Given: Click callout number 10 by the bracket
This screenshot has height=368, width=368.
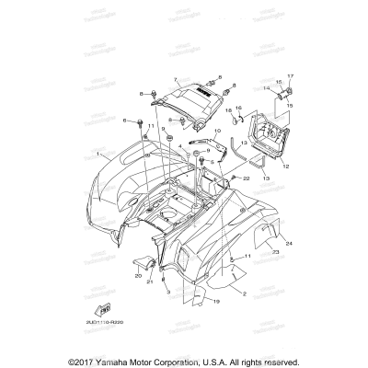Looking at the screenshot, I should coord(219,132).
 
